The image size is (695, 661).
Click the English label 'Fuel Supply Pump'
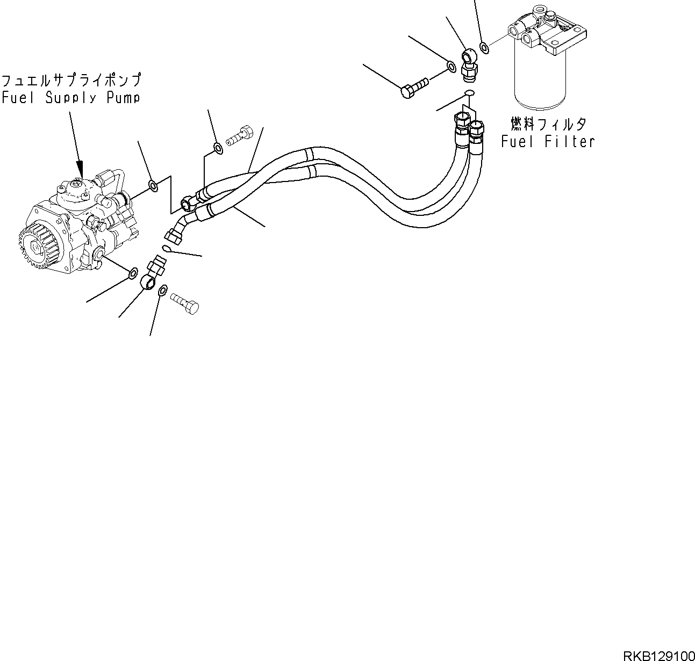70,98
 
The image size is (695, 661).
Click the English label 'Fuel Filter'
548,142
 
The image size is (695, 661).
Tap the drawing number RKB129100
658,656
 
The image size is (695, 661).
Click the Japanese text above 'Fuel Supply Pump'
70,81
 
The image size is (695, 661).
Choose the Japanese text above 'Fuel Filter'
548,125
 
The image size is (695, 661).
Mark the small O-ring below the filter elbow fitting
468,93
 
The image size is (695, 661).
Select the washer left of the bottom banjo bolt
162,290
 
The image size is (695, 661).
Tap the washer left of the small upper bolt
217,147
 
